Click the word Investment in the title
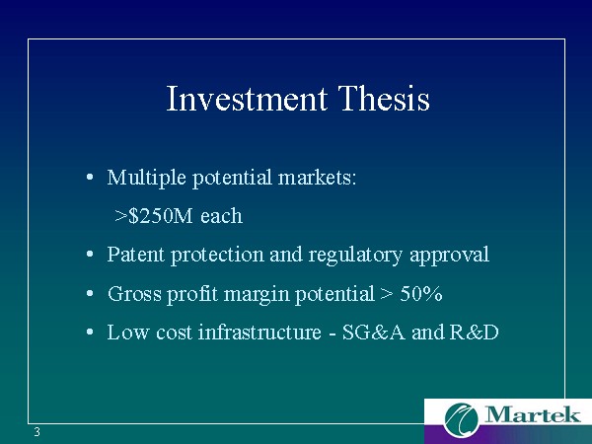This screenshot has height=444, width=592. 247,98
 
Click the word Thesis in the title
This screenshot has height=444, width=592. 384,98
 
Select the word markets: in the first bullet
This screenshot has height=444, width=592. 317,177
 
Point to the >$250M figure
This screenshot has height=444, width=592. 154,215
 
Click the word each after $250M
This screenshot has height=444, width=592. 222,216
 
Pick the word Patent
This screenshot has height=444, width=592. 136,255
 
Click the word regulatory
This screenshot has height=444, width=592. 355,256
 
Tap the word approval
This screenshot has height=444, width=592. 449,256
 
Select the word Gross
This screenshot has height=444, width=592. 134,293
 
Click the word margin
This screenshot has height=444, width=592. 257,294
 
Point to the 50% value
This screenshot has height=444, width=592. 421,293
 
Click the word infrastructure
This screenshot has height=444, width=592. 259,332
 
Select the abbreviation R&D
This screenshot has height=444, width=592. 475,333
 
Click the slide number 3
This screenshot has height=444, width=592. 37,432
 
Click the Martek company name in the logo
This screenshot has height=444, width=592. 532,414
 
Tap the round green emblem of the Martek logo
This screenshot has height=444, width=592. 462,419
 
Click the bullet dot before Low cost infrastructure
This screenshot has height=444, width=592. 90,333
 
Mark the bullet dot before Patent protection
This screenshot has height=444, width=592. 90,255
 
